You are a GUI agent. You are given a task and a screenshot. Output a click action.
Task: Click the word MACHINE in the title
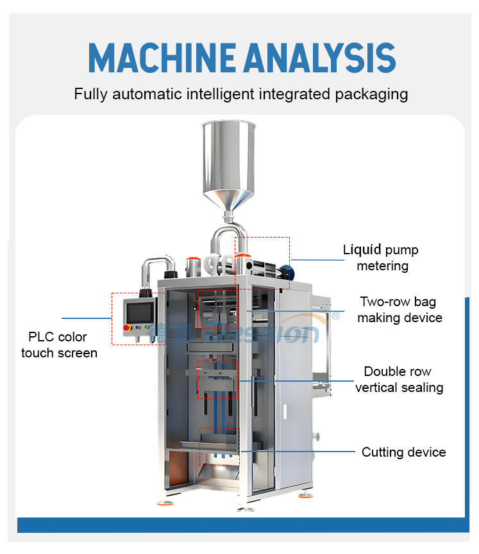pos(160,57)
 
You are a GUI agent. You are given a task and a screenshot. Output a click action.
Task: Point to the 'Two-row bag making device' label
pos(399,309)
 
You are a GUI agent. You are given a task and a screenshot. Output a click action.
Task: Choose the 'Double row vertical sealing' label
pos(399,379)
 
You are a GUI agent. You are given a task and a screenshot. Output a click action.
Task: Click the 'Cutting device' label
pos(403,452)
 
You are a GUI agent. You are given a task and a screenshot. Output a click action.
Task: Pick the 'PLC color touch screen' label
pos(59,345)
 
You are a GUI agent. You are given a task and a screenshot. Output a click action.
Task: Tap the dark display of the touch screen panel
pos(140,312)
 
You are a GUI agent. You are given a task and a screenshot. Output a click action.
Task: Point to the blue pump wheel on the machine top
pos(286,271)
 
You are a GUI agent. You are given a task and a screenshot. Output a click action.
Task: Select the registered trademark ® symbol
pos(335,316)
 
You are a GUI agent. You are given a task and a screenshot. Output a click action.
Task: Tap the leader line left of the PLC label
pos(87,318)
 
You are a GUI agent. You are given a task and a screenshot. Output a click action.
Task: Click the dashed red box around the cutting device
pos(219,439)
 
